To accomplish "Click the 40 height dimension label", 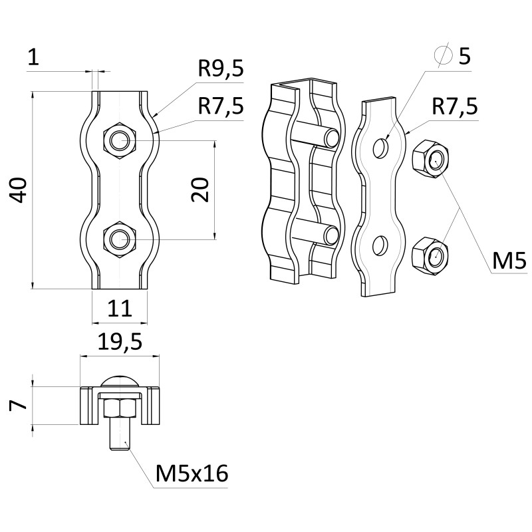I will click(19, 190).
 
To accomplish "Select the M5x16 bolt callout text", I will click(192, 473).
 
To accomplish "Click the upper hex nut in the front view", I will click(119, 140).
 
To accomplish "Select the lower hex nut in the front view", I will click(119, 238).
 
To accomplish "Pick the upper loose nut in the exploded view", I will click(429, 160).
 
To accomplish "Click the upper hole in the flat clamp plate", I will click(380, 148).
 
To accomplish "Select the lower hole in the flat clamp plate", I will click(380, 245).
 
